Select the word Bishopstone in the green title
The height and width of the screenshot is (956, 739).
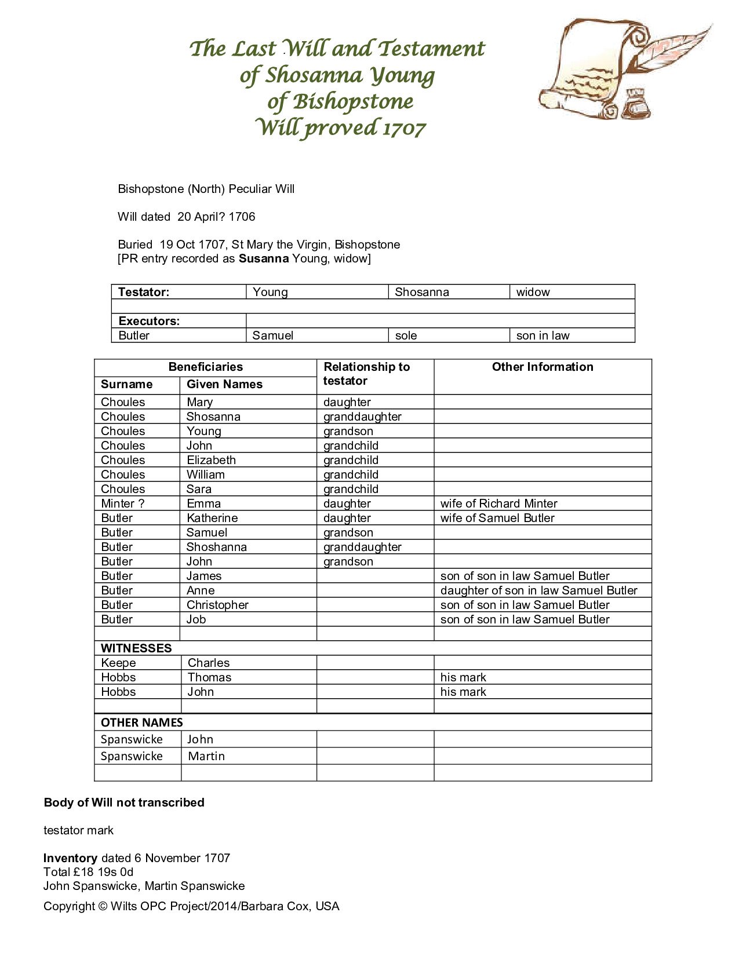point(352,101)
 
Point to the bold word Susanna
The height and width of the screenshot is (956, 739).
point(264,258)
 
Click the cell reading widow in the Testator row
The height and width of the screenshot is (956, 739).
point(533,292)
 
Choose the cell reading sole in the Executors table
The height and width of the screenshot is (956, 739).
point(406,335)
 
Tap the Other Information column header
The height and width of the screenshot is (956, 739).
point(543,367)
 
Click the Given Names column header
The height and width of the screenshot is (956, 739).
point(224,384)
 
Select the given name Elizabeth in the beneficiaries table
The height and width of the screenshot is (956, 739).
point(211,460)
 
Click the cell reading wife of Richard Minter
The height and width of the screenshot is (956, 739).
point(498,503)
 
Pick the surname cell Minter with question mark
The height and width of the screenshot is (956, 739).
point(122,503)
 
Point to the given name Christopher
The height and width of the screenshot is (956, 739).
point(217,605)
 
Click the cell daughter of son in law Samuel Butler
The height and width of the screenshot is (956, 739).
point(538,590)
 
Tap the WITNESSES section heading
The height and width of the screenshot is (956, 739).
point(136,648)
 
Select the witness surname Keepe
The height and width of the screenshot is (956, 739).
point(118,663)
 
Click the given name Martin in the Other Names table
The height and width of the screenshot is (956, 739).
point(206,756)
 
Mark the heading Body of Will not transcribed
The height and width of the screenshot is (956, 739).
point(124,802)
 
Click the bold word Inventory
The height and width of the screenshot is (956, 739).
point(70,858)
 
